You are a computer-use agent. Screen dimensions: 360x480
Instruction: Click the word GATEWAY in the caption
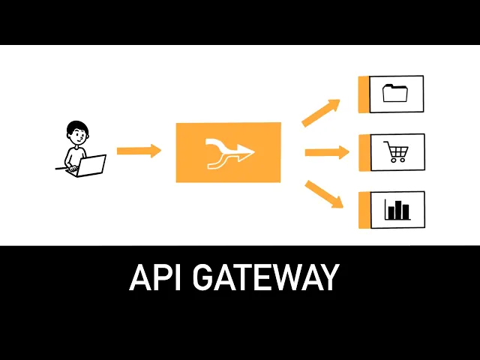click(265, 277)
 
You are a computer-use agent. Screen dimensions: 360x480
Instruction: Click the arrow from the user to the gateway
click(139, 151)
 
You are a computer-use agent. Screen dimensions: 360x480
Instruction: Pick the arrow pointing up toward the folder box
click(320, 112)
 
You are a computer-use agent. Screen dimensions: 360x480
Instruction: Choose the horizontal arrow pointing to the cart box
click(327, 152)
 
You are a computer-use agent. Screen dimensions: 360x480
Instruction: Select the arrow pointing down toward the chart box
click(323, 193)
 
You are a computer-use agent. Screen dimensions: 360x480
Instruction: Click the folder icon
click(395, 93)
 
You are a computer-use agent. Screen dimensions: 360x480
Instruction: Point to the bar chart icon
click(397, 209)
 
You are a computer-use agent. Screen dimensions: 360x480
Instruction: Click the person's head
click(76, 133)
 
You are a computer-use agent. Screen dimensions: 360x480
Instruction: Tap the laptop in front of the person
click(91, 165)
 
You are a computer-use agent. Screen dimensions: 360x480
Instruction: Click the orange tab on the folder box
click(364, 94)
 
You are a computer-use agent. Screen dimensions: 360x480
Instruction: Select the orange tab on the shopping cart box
click(364, 152)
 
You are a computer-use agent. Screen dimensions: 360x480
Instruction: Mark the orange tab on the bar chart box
click(364, 210)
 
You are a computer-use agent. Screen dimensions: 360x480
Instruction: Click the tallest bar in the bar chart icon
click(398, 209)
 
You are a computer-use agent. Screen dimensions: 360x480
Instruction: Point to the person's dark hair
click(76, 125)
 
